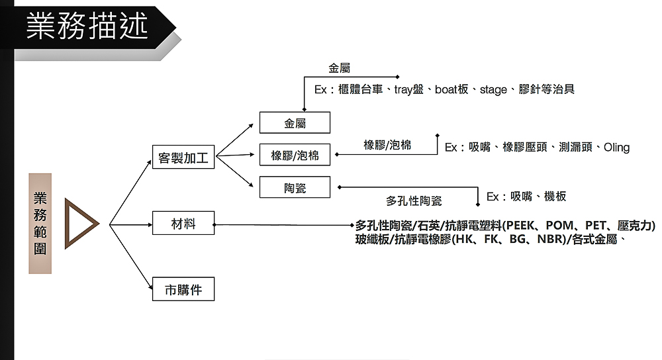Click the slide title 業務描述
pos(87,27)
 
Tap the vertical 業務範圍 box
pos(40,223)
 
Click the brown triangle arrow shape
pos(78,224)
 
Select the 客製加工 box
pos(183,158)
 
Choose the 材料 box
pos(183,224)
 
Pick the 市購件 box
pos(183,289)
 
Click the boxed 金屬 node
pos(295,123)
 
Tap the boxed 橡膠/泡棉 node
pos(295,156)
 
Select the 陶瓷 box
pos(295,188)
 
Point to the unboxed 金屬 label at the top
pos(339,68)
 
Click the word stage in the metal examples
pos(493,89)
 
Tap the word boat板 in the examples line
pos(452,89)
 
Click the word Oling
pos(616,148)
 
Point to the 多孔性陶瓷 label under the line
pos(414,201)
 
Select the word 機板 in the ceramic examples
pos(555,197)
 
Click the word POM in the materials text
pos(559,226)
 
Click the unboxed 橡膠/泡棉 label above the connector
pos(387,145)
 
